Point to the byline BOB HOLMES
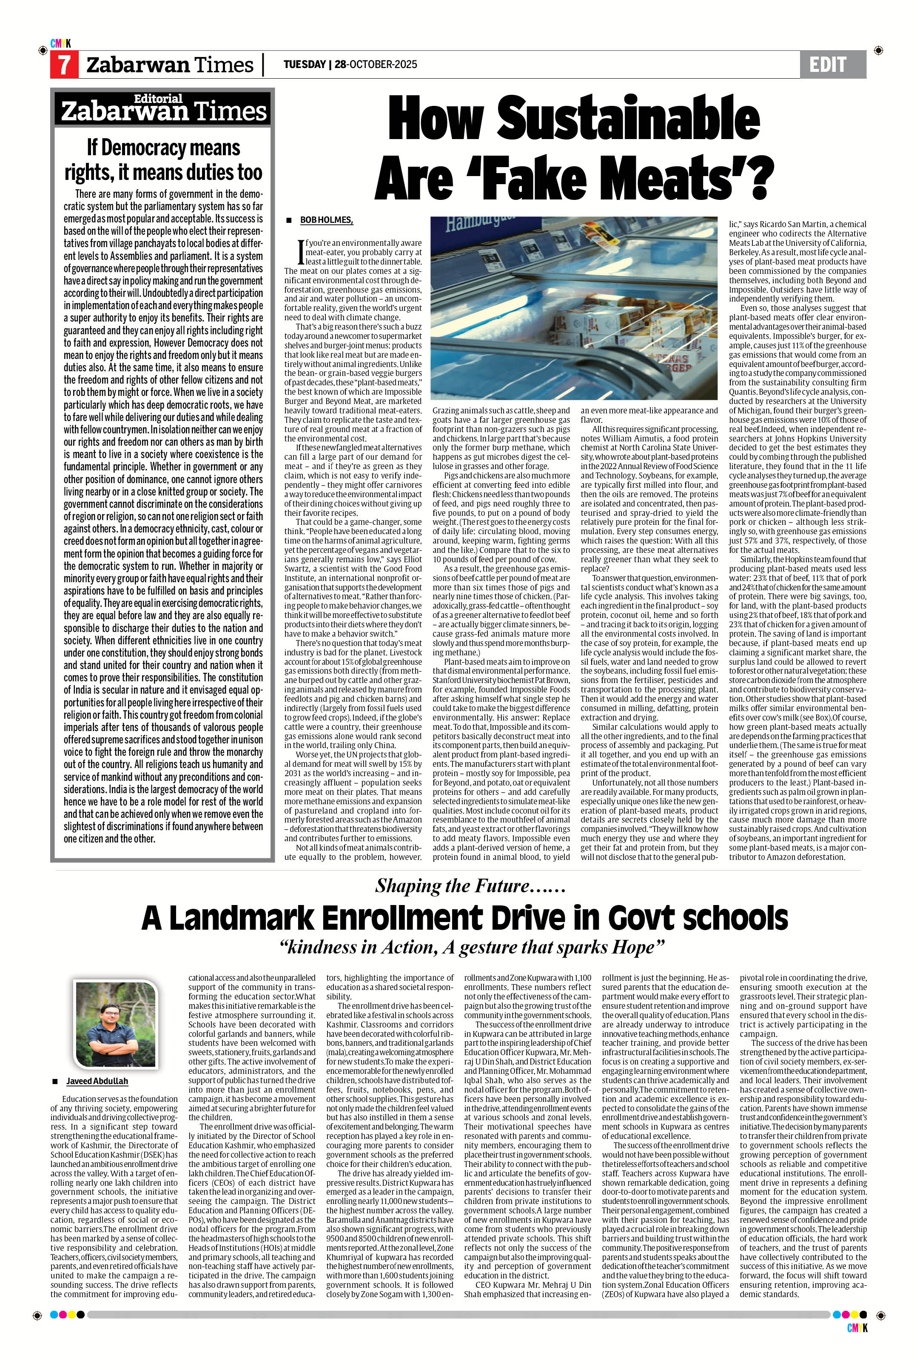pyautogui.click(x=326, y=220)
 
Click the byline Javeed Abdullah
pyautogui.click(x=97, y=1081)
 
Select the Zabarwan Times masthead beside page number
pyautogui.click(x=170, y=64)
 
